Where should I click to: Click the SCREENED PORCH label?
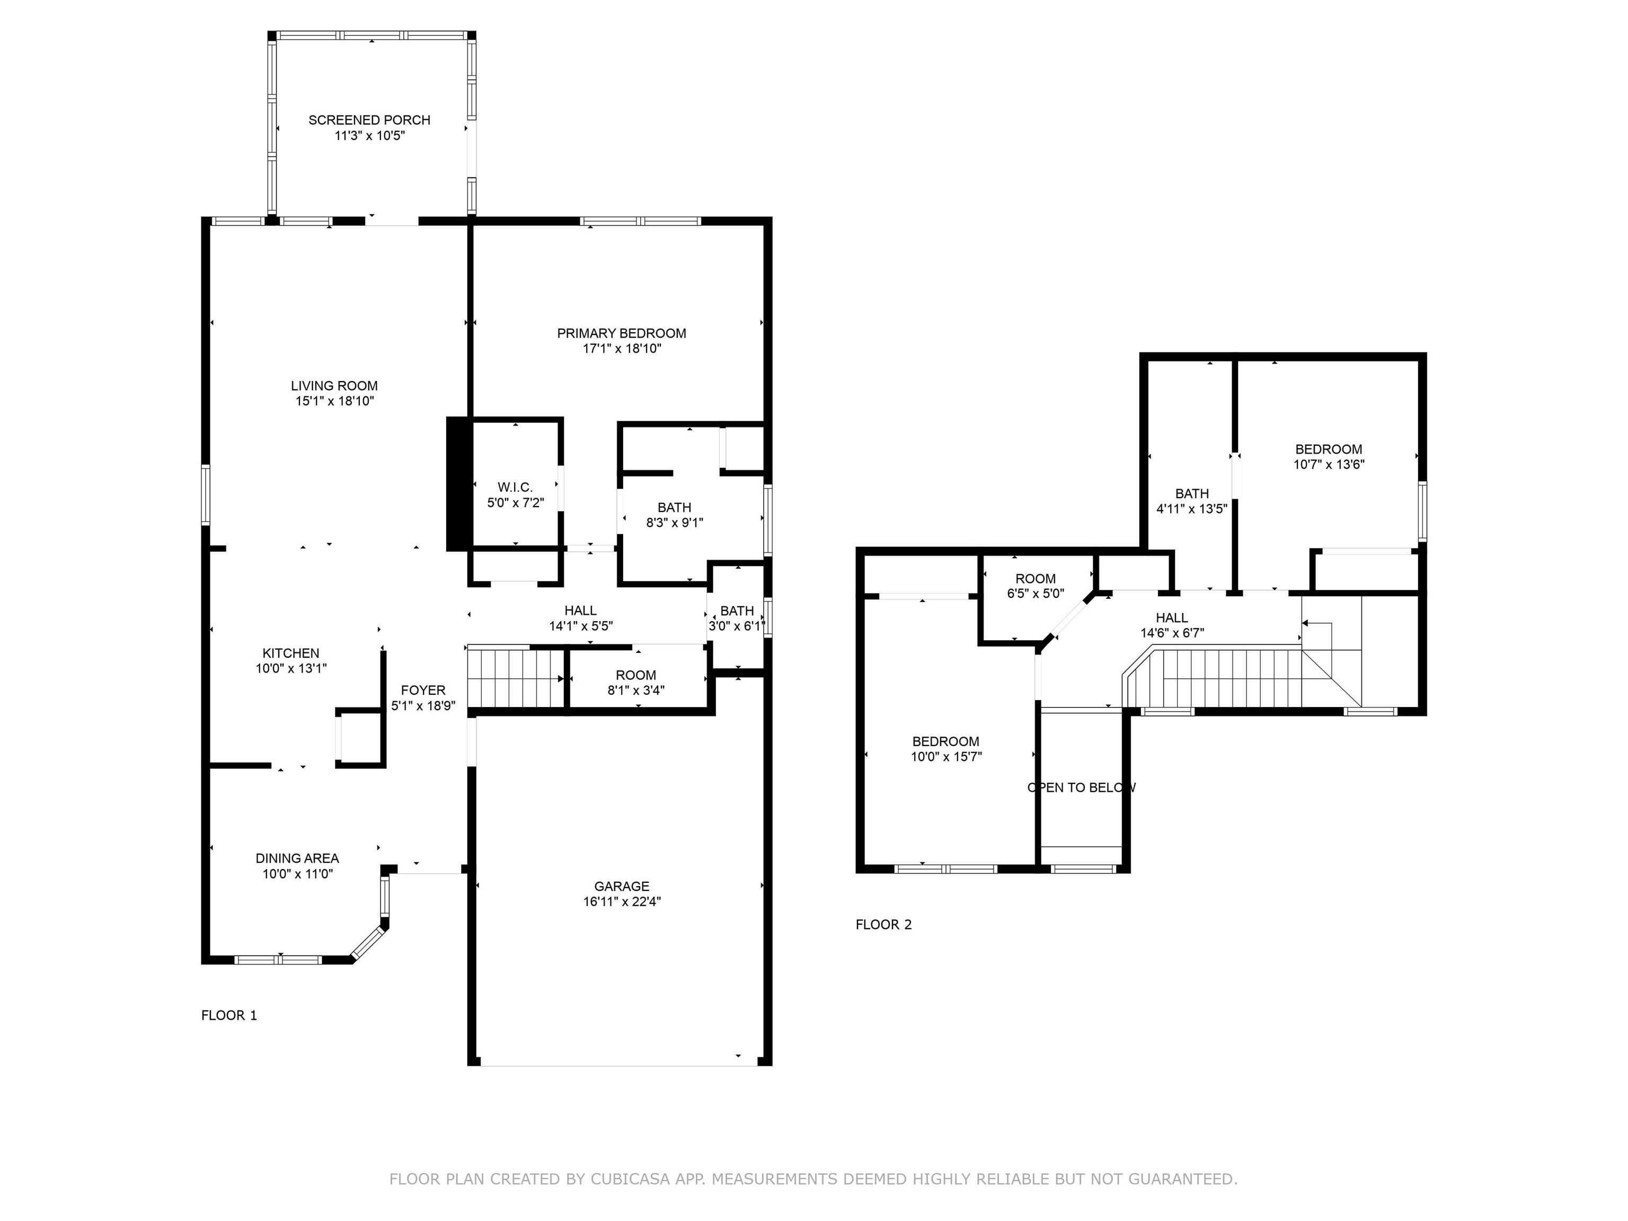tap(369, 120)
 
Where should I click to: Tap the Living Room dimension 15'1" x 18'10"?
tap(334, 401)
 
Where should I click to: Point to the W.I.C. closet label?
tap(515, 487)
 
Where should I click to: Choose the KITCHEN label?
tap(291, 653)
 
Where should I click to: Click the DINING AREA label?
tap(297, 858)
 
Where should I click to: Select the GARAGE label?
tap(622, 886)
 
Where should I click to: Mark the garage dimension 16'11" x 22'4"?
tap(622, 901)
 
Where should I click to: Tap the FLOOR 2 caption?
tap(883, 924)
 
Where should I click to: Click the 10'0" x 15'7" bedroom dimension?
tap(946, 757)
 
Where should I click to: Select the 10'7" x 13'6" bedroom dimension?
tap(1329, 464)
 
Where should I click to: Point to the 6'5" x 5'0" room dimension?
tap(1036, 594)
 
